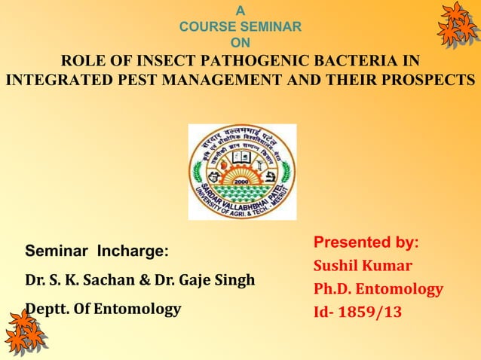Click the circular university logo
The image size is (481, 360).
(241, 171)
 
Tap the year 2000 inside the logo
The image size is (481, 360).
(241, 182)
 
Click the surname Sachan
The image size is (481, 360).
(107, 280)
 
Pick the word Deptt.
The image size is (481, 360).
(46, 308)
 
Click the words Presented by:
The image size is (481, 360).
(366, 243)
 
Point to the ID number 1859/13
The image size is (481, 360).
(369, 312)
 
